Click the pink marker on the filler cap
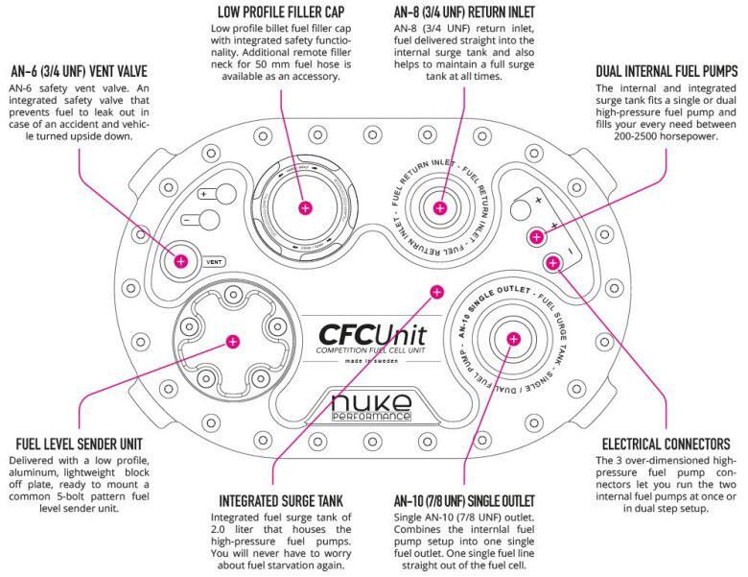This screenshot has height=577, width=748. pyautogui.click(x=305, y=207)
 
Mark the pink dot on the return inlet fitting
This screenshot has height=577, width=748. pyautogui.click(x=440, y=207)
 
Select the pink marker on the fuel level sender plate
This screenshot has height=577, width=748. pyautogui.click(x=232, y=340)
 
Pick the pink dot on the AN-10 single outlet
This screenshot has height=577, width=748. pyautogui.click(x=513, y=337)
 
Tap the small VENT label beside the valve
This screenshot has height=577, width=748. pyautogui.click(x=216, y=260)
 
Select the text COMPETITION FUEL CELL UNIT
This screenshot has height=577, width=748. pyautogui.click(x=373, y=356)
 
